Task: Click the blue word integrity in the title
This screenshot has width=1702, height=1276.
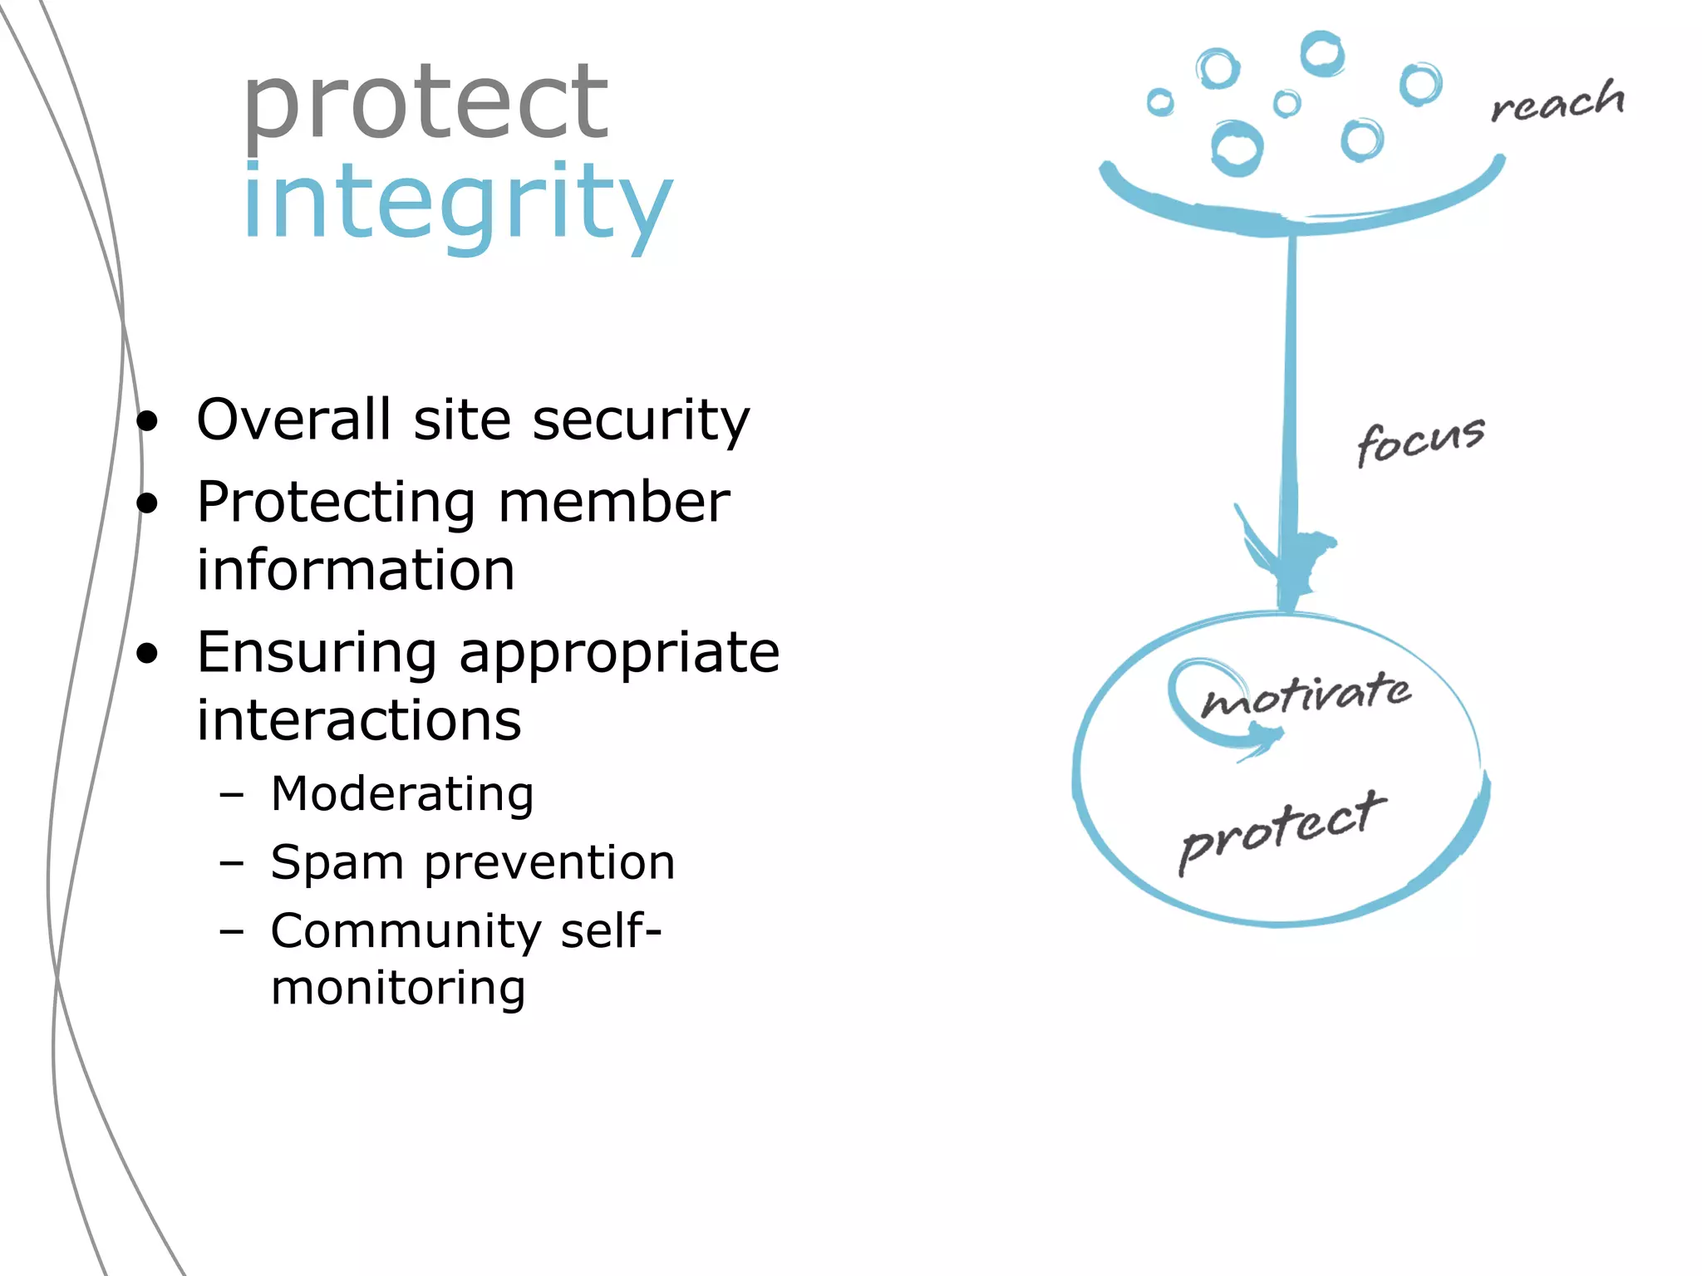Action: click(457, 204)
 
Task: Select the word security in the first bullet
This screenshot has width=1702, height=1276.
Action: click(641, 420)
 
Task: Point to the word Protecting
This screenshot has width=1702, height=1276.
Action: click(336, 503)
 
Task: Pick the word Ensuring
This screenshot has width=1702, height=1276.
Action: click(317, 654)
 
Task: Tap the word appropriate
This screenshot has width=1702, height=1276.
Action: click(619, 654)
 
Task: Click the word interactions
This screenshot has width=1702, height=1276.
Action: click(359, 720)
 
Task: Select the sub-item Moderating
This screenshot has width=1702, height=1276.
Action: click(402, 794)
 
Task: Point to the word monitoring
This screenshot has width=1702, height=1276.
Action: click(398, 989)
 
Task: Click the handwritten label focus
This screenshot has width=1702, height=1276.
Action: click(1420, 441)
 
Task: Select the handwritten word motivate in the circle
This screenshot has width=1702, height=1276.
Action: click(1306, 694)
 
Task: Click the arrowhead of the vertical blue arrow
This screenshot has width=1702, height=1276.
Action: click(1286, 565)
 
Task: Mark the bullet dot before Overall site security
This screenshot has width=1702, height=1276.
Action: click(147, 421)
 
